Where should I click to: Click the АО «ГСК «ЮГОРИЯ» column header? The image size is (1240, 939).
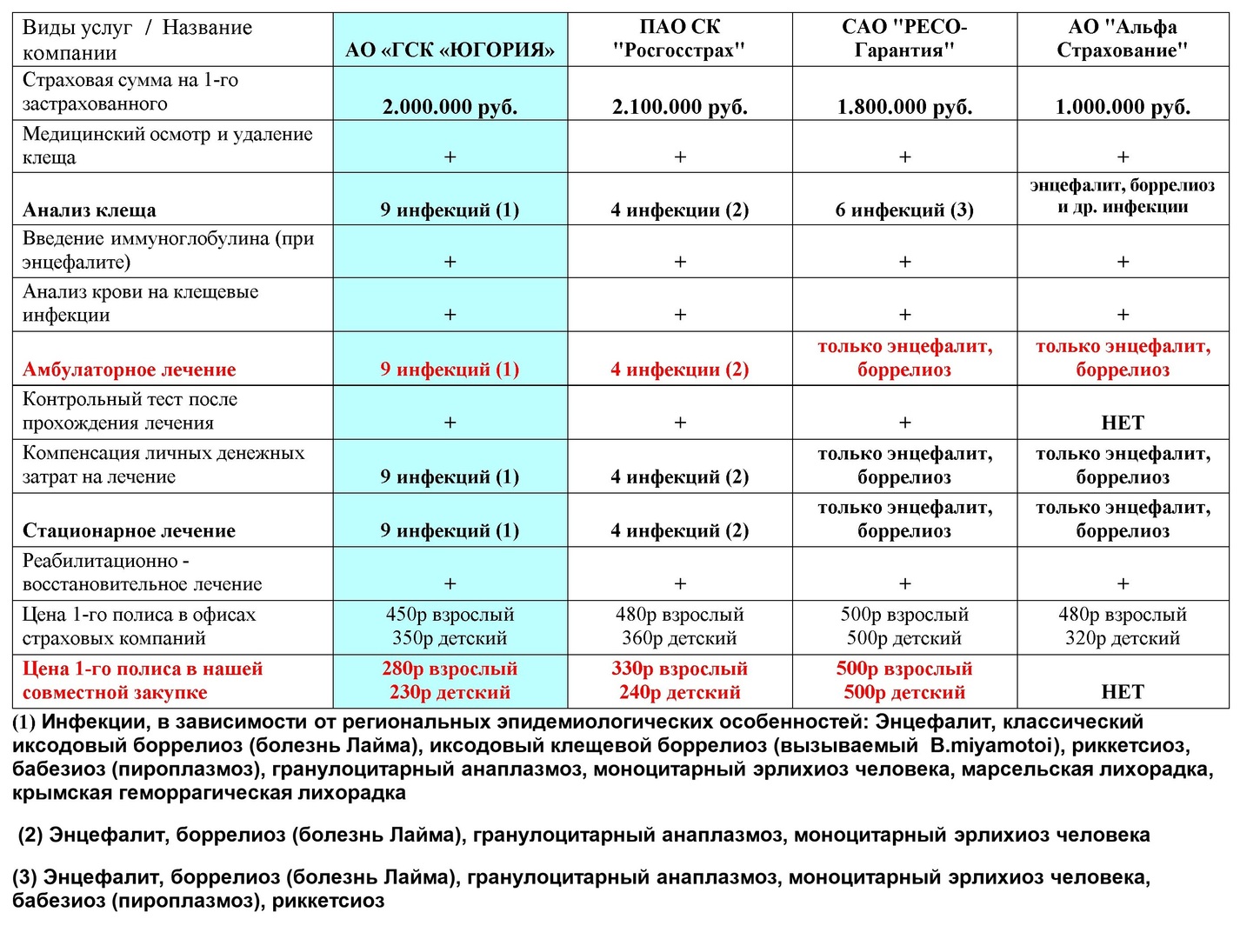tap(450, 50)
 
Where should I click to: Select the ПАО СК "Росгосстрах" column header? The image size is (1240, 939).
tap(679, 39)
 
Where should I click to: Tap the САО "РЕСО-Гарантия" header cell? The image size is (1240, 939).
tap(904, 39)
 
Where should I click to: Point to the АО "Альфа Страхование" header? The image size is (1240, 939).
tap(1123, 39)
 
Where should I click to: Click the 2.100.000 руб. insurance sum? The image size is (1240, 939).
tap(679, 107)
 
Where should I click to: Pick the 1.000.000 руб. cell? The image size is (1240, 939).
tap(1123, 107)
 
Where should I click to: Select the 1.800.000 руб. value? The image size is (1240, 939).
tap(904, 107)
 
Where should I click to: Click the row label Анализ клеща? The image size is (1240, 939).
tap(90, 210)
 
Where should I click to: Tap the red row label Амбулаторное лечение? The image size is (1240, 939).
tap(130, 370)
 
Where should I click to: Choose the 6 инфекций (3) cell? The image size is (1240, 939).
tap(904, 210)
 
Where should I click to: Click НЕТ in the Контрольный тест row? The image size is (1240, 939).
tap(1123, 423)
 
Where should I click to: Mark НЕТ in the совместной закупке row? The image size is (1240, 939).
tap(1123, 692)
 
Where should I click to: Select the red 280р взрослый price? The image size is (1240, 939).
tap(450, 669)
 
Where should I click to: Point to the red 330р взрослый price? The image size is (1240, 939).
tap(679, 669)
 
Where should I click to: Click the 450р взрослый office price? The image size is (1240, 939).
tap(450, 615)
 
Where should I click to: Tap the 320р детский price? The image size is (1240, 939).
tap(1123, 638)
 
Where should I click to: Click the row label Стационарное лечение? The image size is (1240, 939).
tap(129, 530)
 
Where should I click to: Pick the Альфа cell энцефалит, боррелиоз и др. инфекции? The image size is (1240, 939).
tap(1123, 196)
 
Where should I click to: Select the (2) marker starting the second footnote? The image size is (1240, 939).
tap(31, 836)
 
